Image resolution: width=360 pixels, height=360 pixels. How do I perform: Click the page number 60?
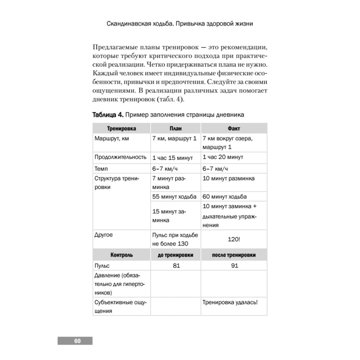[77, 341]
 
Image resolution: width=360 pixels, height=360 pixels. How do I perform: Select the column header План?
[176, 129]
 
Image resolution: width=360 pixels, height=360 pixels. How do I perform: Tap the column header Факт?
[234, 129]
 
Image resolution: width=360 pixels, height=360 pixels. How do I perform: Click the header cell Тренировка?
[122, 129]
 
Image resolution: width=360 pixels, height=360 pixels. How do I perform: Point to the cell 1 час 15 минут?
[173, 158]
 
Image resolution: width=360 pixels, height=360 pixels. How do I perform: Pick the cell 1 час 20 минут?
[223, 157]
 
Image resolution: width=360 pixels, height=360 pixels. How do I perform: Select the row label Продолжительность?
[120, 157]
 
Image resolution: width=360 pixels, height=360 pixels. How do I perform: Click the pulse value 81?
[176, 266]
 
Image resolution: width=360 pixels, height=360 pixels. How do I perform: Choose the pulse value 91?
[234, 266]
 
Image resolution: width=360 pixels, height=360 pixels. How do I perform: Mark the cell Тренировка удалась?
[230, 303]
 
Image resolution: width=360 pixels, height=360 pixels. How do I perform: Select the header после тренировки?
[234, 255]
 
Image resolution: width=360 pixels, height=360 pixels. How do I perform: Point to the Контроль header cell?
[122, 255]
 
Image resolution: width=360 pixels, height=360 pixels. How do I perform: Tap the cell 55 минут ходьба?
[175, 197]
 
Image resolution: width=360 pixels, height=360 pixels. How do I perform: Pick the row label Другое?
[103, 235]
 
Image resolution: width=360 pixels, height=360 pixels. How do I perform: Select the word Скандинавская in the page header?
[129, 25]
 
